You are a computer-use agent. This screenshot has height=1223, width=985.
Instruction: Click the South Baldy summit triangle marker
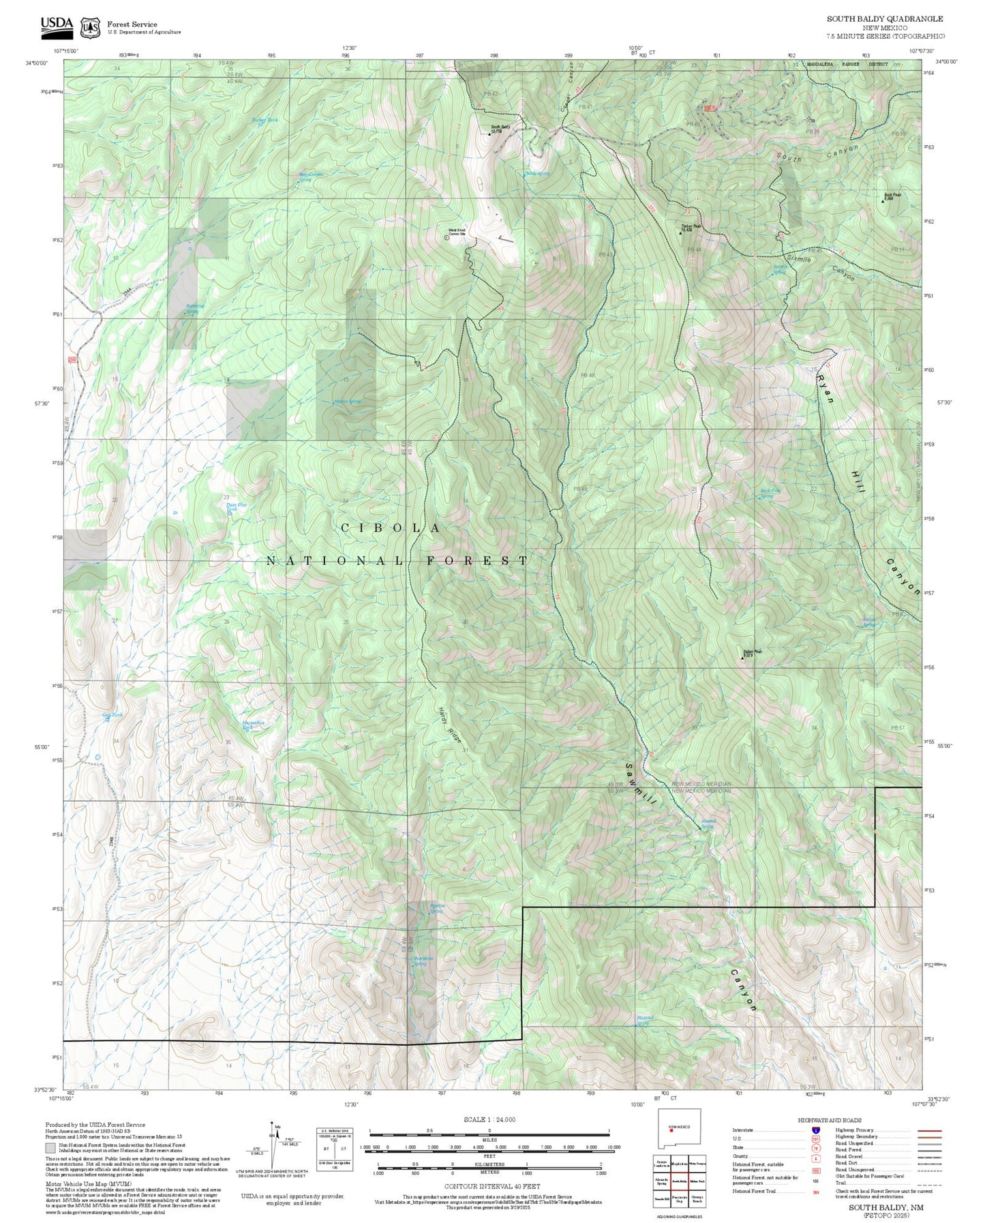tap(489, 134)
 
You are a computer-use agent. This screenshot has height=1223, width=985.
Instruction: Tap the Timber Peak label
tap(691, 227)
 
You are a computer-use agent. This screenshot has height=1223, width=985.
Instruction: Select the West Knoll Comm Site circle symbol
tap(446, 237)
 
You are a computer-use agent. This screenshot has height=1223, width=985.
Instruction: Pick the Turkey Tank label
tap(264, 120)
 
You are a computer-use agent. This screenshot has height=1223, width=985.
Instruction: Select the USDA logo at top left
tap(57, 25)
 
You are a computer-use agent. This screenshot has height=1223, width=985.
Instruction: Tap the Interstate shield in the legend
tap(816, 1130)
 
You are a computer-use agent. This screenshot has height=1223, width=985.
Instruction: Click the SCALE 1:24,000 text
tap(489, 1119)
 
